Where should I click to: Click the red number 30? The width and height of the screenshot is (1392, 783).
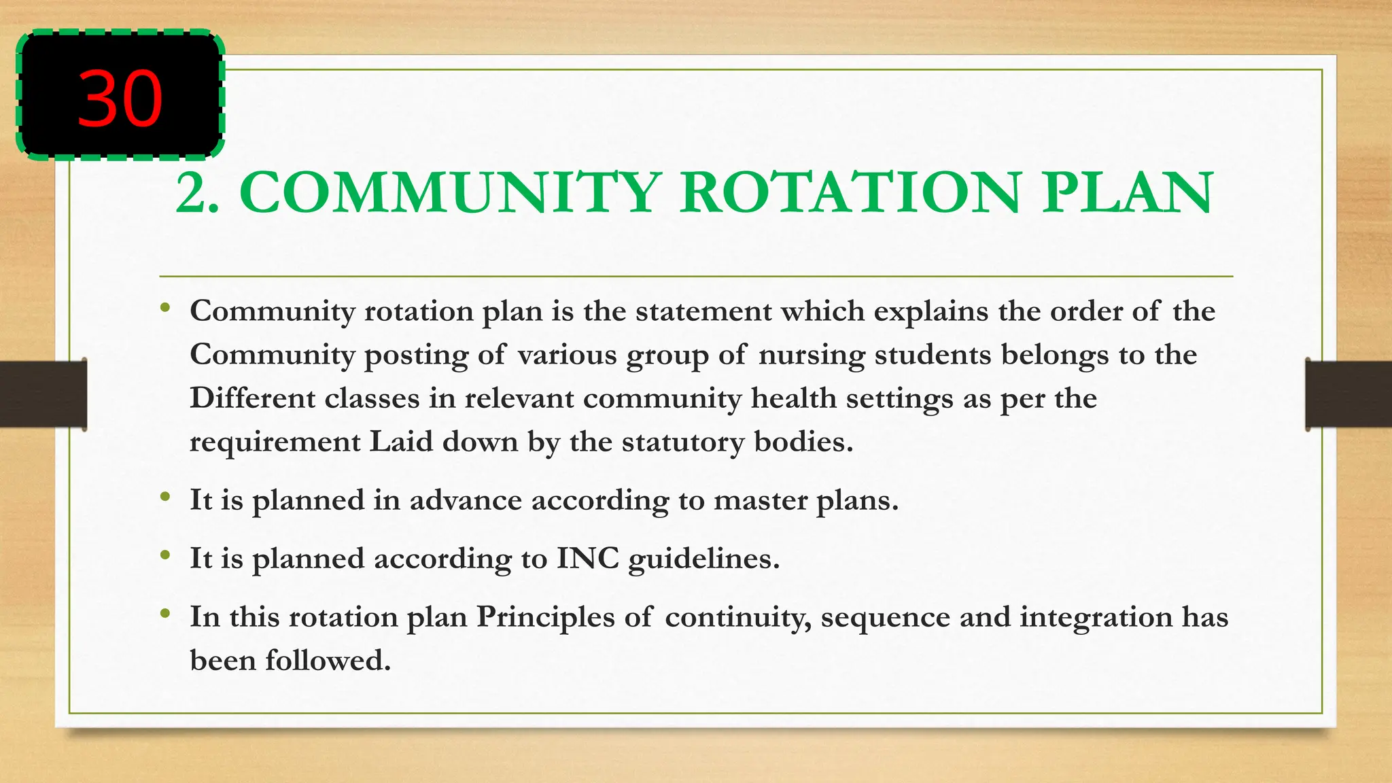(x=120, y=99)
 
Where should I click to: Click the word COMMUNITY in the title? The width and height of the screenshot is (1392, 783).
(x=450, y=193)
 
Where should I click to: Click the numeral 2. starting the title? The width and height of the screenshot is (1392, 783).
(x=197, y=193)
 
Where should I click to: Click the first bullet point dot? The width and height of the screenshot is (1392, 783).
(x=164, y=309)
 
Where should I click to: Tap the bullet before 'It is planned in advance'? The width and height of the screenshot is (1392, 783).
(x=164, y=498)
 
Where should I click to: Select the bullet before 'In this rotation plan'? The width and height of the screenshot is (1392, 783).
(x=164, y=615)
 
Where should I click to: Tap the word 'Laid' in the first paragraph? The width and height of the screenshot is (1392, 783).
(x=401, y=442)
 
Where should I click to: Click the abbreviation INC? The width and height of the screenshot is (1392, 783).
(x=588, y=559)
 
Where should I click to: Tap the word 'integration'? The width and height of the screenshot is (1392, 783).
(x=1096, y=617)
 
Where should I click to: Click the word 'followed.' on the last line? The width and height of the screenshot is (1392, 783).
(x=328, y=661)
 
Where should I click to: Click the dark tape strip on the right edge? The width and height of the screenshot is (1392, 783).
(x=1348, y=394)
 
